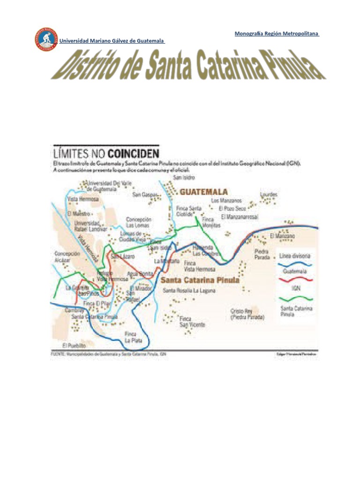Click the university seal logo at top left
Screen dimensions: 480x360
(x=45, y=40)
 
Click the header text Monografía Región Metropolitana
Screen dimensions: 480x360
(x=276, y=34)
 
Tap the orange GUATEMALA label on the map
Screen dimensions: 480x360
(x=204, y=192)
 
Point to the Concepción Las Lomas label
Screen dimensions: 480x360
(x=138, y=222)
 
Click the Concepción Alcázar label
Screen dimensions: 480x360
(x=67, y=256)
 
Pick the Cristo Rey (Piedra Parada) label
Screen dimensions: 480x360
(x=247, y=314)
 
